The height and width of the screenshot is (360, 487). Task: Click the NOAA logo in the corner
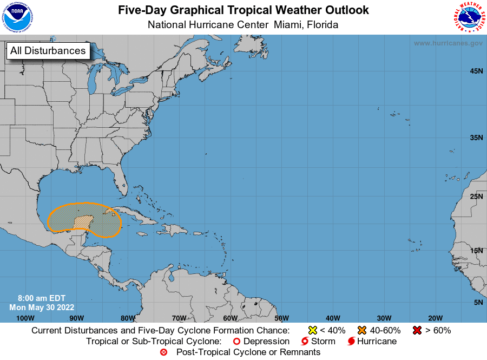coord(17,17)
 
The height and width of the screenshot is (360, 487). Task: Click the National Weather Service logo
coord(468,17)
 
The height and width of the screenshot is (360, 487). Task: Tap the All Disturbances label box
coord(48,51)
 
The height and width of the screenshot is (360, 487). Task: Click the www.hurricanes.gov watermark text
coord(448,43)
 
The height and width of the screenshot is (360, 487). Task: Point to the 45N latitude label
coord(476,71)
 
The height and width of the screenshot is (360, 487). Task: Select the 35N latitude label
coord(476,138)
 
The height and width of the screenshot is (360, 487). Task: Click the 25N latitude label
coord(476,197)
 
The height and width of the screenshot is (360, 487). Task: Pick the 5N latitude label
coord(478,302)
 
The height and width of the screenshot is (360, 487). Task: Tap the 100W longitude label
coord(25,318)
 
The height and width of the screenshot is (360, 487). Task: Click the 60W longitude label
coord(230,318)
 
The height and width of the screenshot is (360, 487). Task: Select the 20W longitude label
coord(435,318)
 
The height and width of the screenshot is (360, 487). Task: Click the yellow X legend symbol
coord(312,330)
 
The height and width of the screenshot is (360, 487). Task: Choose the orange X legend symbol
coord(362,330)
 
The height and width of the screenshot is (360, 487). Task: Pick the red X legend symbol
coord(417,330)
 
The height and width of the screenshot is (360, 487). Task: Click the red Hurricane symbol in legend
coord(351,342)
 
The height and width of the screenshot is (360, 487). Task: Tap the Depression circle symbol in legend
coord(236,342)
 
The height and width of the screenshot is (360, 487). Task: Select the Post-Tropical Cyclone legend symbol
coord(164,352)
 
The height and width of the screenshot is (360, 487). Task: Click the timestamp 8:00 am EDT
coord(42,298)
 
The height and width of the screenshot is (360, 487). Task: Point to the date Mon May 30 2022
coord(42,307)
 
